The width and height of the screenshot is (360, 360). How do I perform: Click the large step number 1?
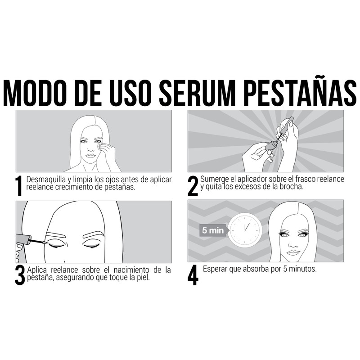pyautogui.click(x=18, y=185)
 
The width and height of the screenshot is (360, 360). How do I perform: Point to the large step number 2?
pyautogui.click(x=193, y=185)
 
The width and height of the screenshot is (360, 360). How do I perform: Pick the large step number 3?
pyautogui.click(x=19, y=275)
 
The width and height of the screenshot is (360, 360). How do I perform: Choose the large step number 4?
pyautogui.click(x=193, y=275)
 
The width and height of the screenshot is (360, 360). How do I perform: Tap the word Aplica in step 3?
pyautogui.click(x=37, y=270)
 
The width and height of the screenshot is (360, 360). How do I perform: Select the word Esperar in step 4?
pyautogui.click(x=216, y=269)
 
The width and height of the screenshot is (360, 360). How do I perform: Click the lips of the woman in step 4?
pyautogui.click(x=293, y=252)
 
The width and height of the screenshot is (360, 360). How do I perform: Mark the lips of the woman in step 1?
pyautogui.click(x=91, y=155)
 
